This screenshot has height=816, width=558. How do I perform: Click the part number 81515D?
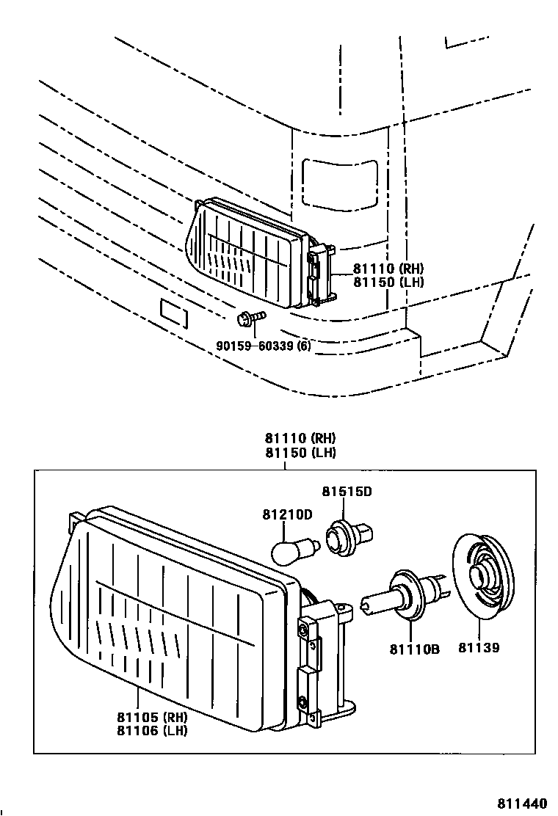tap(347, 491)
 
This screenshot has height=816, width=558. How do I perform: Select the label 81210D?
tap(287, 514)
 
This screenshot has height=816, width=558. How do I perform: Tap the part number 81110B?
tap(414, 649)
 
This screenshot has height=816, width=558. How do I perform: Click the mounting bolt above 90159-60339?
tap(246, 319)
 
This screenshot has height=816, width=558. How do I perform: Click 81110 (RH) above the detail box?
tap(301, 439)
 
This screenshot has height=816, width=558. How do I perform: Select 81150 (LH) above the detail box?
tap(301, 452)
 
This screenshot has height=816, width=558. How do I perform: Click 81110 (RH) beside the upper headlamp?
tap(388, 269)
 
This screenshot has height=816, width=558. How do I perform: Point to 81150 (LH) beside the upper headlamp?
tap(388, 282)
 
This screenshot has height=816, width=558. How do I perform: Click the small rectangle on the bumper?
tap(173, 313)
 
